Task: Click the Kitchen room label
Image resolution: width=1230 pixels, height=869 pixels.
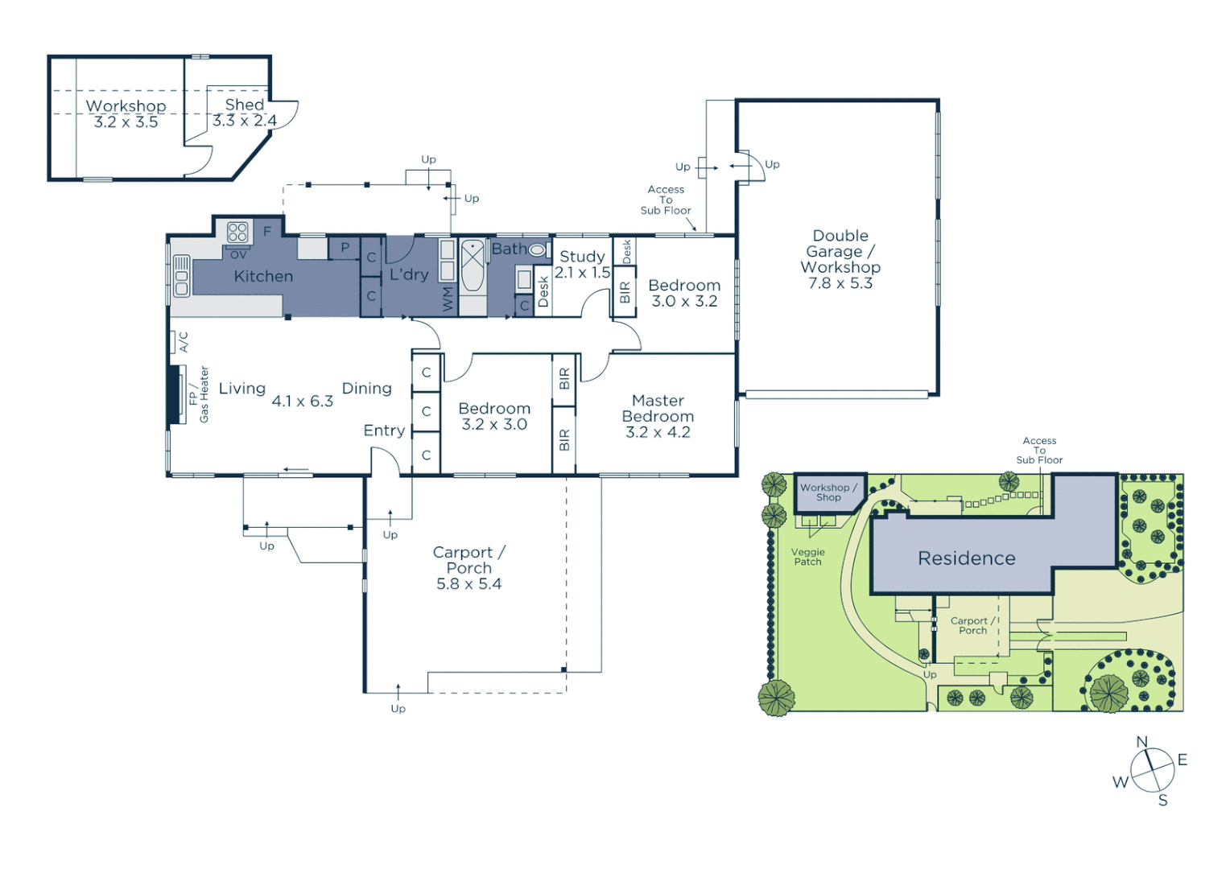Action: pos(263,276)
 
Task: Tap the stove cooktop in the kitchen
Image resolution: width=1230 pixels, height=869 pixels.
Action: pos(237,233)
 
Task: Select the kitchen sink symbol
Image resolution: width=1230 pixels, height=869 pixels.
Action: pos(182,276)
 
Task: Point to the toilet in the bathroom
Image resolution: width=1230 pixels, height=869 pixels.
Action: pos(537,250)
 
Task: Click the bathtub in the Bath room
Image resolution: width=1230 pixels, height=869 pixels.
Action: pos(473,266)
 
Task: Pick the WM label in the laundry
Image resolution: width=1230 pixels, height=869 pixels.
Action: pos(448,299)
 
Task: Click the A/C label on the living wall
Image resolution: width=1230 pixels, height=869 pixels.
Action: pos(184,342)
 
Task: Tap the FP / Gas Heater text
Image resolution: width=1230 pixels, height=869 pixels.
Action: pos(198,394)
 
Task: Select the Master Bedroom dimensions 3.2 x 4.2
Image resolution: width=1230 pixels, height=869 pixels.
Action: pos(658,432)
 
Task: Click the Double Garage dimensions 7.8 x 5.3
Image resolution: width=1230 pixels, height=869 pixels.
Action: pos(840,283)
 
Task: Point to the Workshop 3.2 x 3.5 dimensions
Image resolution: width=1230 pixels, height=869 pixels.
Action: pos(126,122)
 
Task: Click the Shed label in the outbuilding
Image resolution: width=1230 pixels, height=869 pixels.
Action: pos(244,105)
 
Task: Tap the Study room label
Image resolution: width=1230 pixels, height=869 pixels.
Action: pos(582,256)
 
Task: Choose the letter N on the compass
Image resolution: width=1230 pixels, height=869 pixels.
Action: pos(1141,742)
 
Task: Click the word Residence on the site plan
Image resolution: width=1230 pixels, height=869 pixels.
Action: pos(966,558)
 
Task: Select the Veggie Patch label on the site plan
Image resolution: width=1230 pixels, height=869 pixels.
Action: pos(807,557)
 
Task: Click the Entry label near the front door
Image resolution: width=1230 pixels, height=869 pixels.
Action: pos(384,430)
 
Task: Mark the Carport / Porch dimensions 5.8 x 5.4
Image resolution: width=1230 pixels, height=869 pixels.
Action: pos(468,584)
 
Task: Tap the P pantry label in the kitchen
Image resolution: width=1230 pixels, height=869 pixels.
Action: pos(345,248)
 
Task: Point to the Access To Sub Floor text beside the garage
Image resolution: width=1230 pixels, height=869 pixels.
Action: pos(666,200)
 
